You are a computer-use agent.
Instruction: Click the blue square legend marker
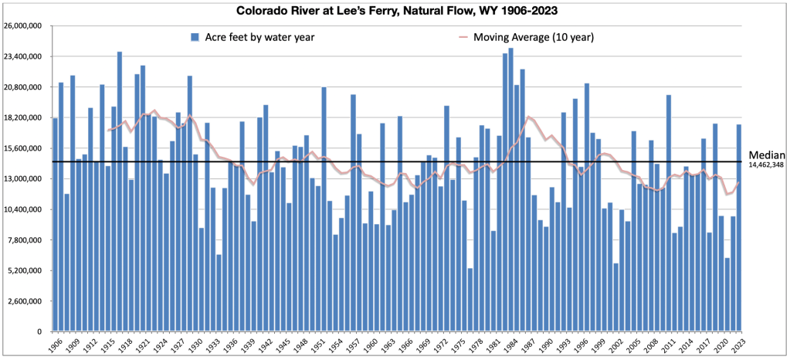coord(196,37)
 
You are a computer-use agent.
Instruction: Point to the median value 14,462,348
coord(768,165)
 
